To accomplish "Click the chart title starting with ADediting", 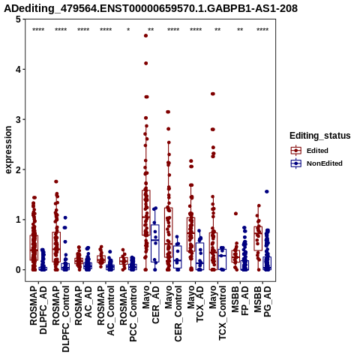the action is (151, 8).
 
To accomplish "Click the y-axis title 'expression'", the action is (8, 150).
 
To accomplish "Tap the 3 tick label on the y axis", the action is (19, 119).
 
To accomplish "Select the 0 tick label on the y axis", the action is (19, 270).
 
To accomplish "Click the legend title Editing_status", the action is (320, 136).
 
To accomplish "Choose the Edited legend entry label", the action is (317, 151).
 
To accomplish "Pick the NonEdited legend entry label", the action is (325, 163).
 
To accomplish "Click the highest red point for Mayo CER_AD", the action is (145, 36).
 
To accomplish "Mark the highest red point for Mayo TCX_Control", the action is (213, 94).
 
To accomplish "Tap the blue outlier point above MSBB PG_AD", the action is (267, 192).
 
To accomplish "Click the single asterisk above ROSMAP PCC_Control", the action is (128, 29).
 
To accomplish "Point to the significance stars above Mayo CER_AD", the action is (151, 29).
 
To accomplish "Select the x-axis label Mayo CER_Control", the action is (173, 314).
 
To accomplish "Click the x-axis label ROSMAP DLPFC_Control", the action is (61, 319).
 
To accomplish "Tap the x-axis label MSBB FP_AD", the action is (240, 301).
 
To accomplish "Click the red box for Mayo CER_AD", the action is (146, 213).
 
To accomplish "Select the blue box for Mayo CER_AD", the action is (155, 243).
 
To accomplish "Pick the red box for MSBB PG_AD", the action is (258, 238).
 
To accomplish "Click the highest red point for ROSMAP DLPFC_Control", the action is (56, 181).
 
